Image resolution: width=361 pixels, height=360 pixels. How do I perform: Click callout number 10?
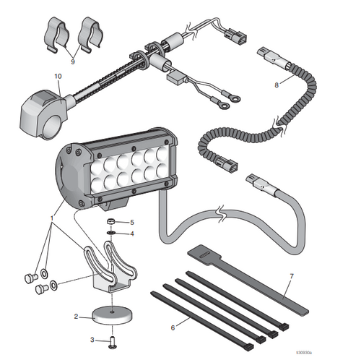58,76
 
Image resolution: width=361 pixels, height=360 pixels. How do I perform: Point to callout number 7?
292,276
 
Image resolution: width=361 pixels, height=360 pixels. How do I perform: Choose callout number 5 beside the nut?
131,222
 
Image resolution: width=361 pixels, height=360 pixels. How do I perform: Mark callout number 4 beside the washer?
131,233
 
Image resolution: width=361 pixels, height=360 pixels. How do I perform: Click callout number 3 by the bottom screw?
92,338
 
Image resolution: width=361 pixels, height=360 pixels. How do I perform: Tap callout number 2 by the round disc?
76,316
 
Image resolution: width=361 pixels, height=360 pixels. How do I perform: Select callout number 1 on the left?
52,217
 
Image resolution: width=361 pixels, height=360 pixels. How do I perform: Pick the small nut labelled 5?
113,221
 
